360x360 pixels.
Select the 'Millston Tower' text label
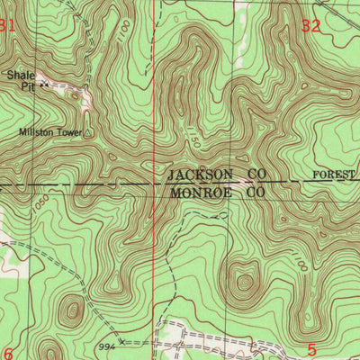pyautogui.click(x=49, y=132)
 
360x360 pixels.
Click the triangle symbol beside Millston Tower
pyautogui.click(x=86, y=132)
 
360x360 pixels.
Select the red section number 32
pyautogui.click(x=311, y=27)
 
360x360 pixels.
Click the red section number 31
pyautogui.click(x=7, y=27)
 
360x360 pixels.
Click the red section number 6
pyautogui.click(x=7, y=352)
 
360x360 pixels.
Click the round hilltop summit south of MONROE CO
pyautogui.click(x=242, y=282)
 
